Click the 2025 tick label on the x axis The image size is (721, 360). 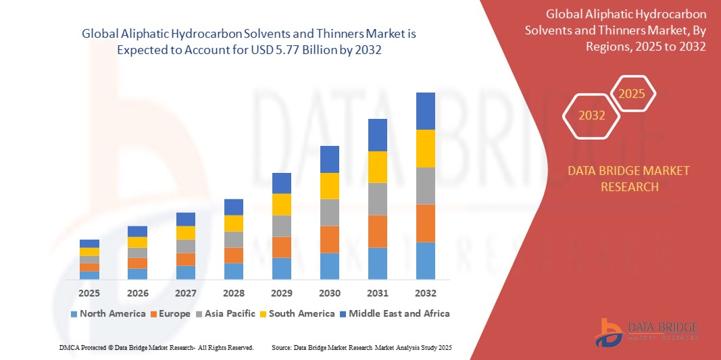89,294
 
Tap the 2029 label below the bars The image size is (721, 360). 282,294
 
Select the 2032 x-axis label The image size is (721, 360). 426,294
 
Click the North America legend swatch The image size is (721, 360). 74,314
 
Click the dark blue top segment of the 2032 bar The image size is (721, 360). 426,111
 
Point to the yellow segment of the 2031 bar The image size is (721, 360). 378,167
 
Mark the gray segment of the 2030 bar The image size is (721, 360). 330,212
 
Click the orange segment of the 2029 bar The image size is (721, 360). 282,247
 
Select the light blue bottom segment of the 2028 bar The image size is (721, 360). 234,271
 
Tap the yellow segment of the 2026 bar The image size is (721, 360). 137,242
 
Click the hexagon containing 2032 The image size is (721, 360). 592,115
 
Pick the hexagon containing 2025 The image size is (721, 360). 632,94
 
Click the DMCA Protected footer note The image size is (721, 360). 156,347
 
